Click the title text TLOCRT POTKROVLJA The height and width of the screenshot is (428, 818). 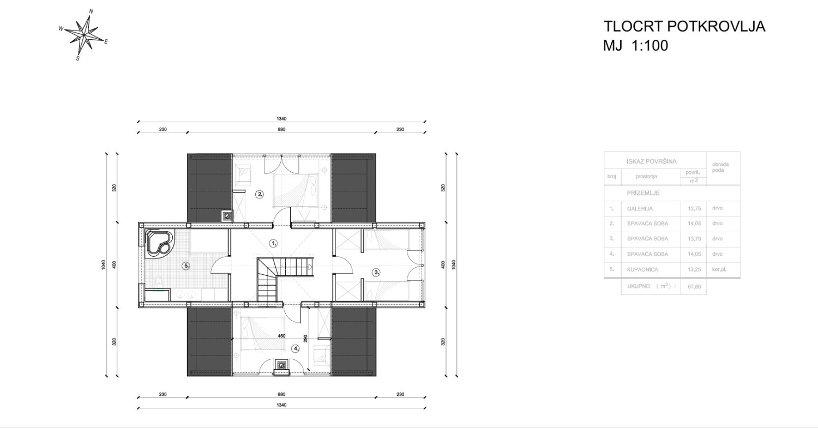point(684,26)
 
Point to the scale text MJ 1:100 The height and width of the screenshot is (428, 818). point(635,46)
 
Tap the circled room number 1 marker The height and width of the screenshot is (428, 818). point(273,243)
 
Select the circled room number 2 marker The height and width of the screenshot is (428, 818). point(259,194)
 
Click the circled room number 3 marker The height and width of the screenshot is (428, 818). point(376,272)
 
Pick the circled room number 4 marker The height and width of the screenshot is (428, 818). point(295,348)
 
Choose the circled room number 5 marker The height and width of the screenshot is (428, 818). point(187,266)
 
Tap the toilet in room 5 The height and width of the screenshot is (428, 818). point(159,281)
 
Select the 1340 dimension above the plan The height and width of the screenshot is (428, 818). point(281,119)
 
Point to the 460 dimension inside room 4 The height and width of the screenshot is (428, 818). point(281,336)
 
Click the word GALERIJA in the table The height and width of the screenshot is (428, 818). point(640,209)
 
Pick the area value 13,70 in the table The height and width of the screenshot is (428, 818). point(694,239)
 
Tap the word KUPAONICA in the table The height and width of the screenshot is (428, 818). point(643,269)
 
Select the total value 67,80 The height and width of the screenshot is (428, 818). point(694,287)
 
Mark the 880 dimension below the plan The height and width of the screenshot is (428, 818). point(281,394)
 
